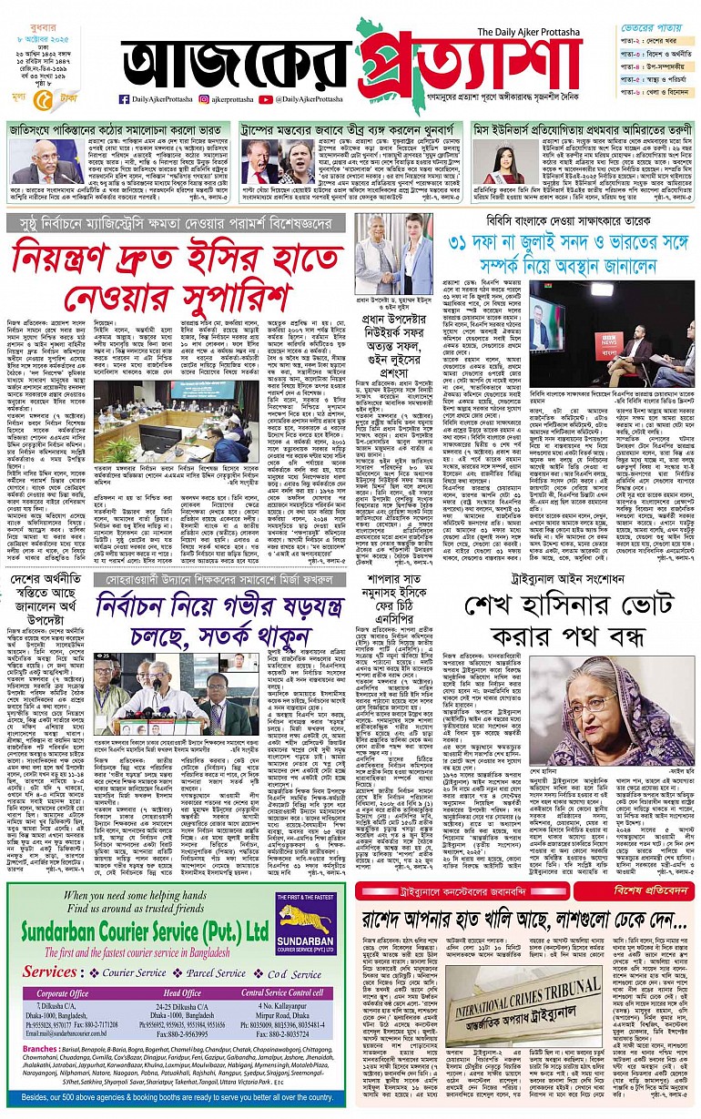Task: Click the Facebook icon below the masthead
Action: point(124,98)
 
